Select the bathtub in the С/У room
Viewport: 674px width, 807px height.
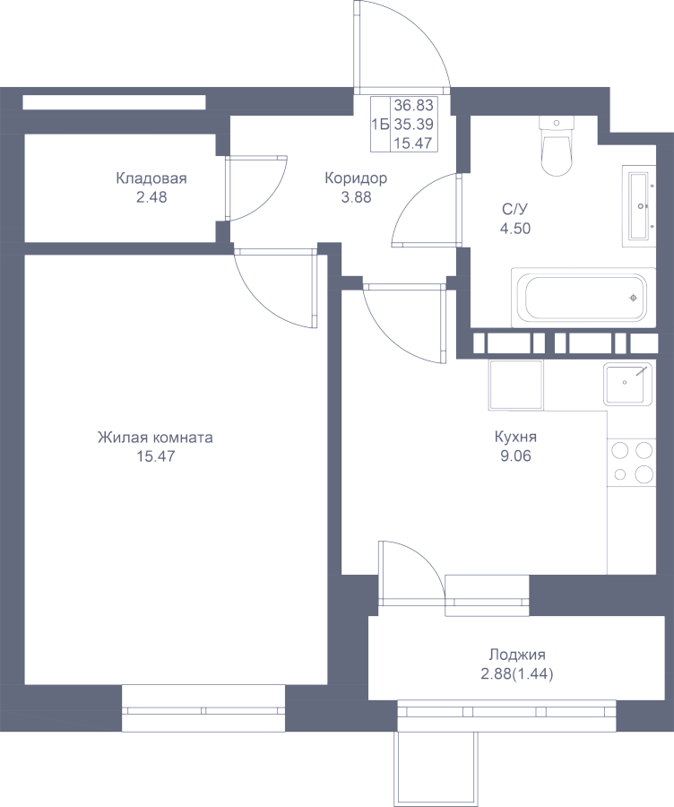tap(583, 298)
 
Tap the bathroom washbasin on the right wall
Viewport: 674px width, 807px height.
tap(639, 206)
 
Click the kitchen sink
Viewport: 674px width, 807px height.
tap(627, 384)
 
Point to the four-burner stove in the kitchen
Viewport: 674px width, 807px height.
tap(633, 462)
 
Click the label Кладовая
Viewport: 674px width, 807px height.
tap(151, 178)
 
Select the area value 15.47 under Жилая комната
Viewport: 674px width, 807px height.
tap(155, 456)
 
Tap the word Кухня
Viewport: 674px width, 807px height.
tap(515, 438)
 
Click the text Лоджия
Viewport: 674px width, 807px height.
tap(517, 655)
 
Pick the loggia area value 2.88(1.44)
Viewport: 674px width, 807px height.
tap(517, 673)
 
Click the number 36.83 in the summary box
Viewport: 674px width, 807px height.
tap(414, 106)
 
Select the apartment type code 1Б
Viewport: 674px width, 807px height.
tap(380, 124)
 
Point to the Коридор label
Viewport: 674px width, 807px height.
tap(356, 178)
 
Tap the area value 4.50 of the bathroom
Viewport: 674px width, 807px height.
tap(515, 228)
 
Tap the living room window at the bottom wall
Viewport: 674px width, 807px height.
tap(203, 710)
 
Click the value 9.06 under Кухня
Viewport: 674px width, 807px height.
tap(515, 456)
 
